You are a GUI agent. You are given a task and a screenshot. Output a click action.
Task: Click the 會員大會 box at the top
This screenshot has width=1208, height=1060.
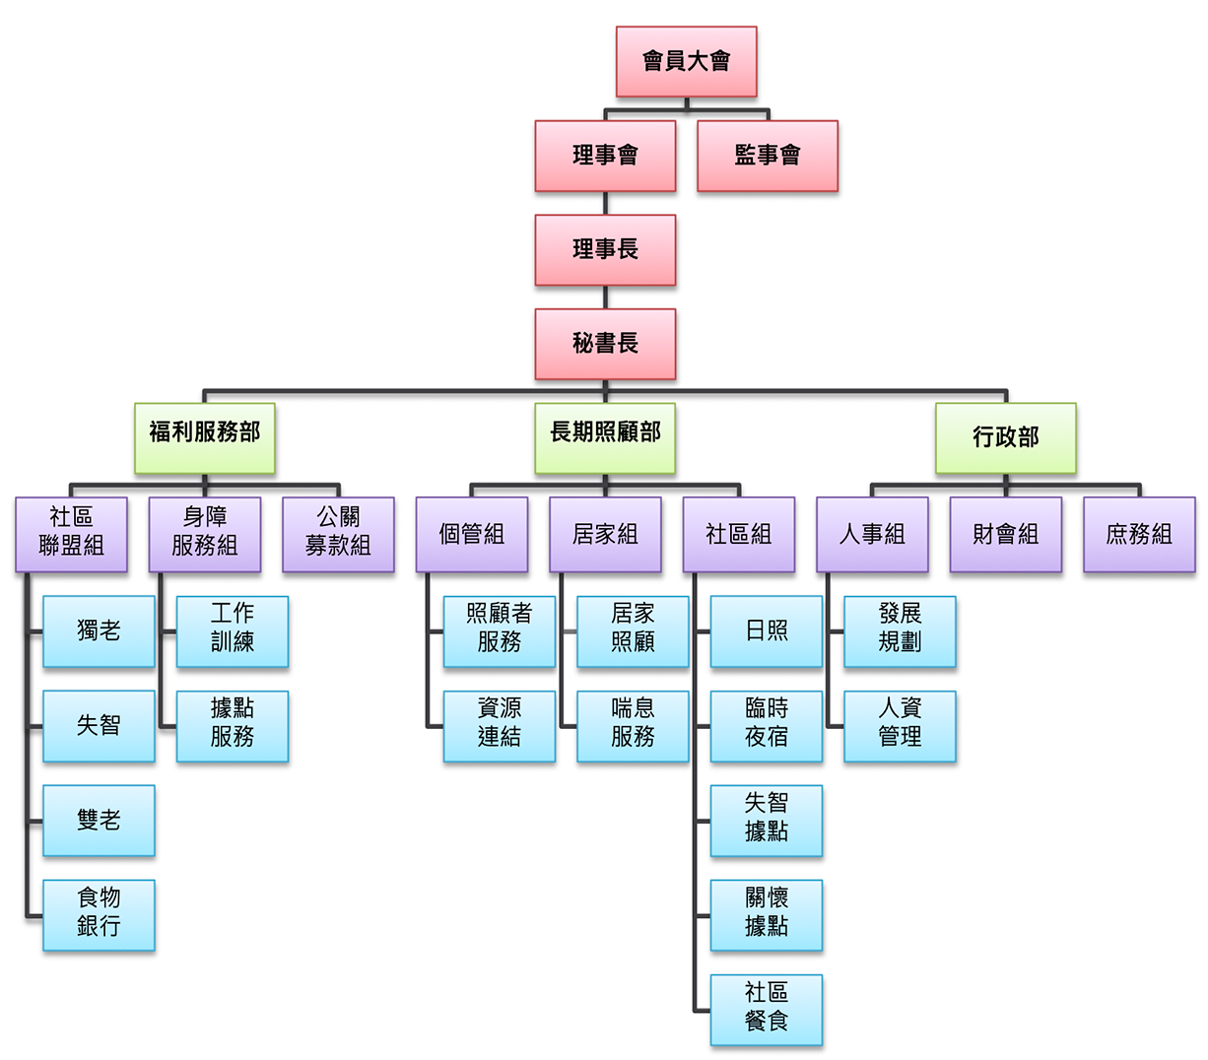click(x=686, y=61)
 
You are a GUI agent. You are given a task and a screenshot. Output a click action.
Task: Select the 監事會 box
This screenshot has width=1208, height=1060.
click(x=767, y=156)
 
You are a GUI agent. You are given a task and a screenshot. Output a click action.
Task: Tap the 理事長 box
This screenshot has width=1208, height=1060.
click(x=605, y=250)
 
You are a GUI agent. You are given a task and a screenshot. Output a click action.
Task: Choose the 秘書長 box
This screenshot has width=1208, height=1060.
click(x=605, y=344)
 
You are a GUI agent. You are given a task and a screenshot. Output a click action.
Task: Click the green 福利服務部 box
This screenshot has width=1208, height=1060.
click(x=205, y=437)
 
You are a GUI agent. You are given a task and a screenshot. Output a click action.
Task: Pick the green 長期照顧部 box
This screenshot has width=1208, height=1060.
click(x=605, y=437)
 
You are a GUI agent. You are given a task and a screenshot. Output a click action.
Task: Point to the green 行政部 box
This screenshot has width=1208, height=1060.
click(x=1005, y=437)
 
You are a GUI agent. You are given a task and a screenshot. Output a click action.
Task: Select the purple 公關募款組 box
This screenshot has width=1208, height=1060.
click(x=338, y=534)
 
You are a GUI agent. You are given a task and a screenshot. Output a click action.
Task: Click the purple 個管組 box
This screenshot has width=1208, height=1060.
click(x=471, y=534)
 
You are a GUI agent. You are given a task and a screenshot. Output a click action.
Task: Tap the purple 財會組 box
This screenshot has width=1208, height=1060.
click(x=1005, y=534)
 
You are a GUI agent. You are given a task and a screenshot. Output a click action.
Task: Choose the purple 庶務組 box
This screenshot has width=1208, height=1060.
click(x=1138, y=534)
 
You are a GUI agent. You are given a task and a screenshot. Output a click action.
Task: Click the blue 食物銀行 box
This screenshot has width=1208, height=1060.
click(x=99, y=914)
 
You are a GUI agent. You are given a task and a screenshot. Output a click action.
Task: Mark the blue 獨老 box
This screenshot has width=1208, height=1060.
click(x=99, y=630)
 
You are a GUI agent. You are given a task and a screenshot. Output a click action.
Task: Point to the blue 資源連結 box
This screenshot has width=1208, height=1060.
click(x=499, y=725)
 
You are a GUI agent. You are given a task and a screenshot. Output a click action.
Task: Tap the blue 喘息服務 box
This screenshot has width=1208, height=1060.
click(x=633, y=725)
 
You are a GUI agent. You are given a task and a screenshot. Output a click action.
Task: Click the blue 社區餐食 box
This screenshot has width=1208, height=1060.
click(x=766, y=1009)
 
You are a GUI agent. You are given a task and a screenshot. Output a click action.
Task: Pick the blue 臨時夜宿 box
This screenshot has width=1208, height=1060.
click(x=766, y=725)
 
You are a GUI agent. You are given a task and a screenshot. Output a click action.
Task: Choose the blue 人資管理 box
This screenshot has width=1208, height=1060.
click(x=900, y=725)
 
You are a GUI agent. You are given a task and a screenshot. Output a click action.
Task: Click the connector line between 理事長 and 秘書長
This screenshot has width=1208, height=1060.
click(x=605, y=298)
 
